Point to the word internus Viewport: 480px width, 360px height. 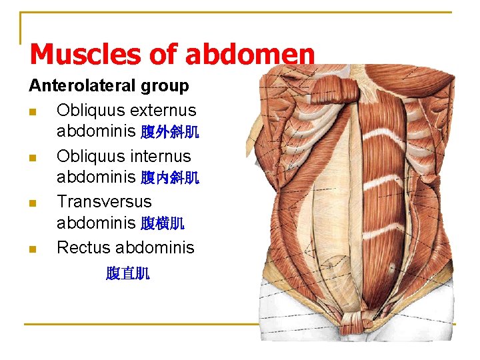tap(161, 156)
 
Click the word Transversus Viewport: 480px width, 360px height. tap(104, 201)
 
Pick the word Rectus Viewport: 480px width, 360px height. tap(83, 247)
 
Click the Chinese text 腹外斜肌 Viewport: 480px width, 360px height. tap(169, 132)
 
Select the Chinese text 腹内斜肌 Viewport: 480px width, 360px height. tap(169, 178)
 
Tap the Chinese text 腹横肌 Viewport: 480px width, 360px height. tap(162, 223)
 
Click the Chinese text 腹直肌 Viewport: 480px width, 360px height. tap(127, 273)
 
